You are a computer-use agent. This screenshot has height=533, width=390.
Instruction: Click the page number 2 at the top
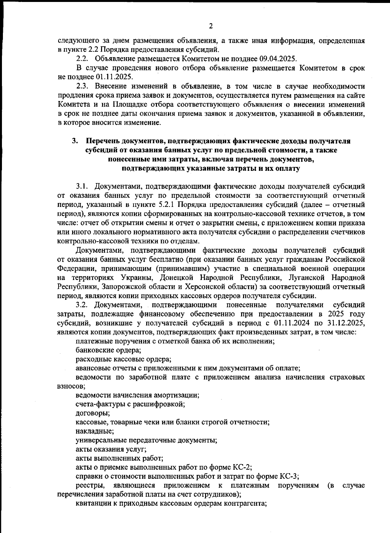coord(211,26)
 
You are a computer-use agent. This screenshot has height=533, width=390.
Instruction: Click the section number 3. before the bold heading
coord(75,141)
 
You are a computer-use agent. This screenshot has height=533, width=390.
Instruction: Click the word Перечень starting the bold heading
coord(102,141)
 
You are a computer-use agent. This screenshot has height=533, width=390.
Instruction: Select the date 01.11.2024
coord(292,323)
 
